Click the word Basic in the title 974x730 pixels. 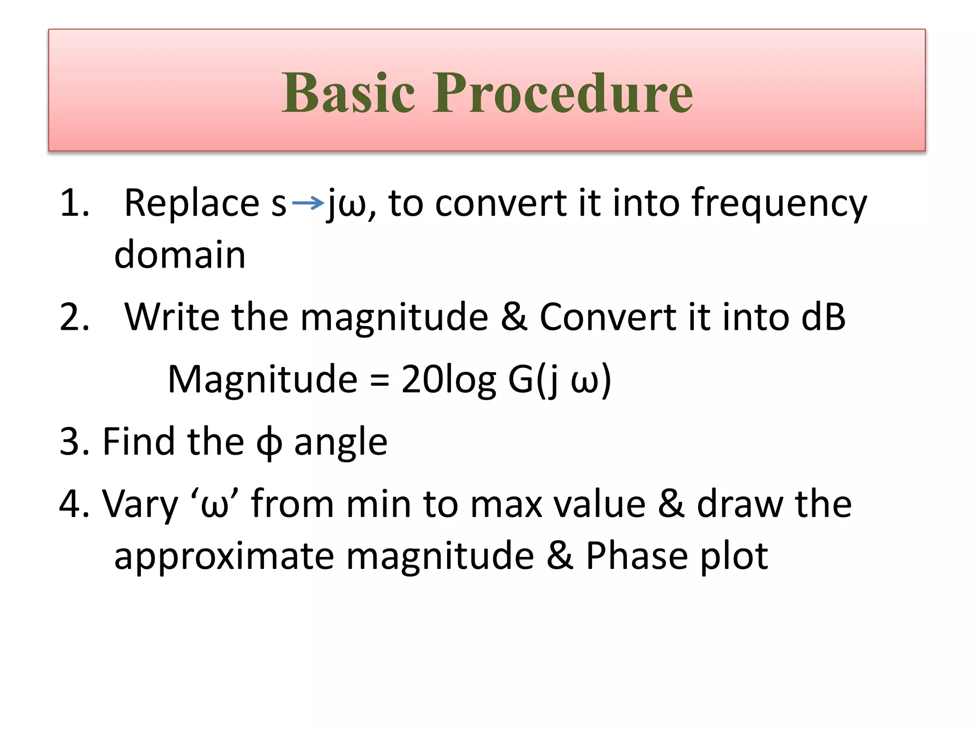(348, 93)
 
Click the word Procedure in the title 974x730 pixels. (562, 93)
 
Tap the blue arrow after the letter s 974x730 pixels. (308, 203)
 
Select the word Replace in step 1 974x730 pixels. (192, 203)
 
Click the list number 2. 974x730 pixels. (74, 317)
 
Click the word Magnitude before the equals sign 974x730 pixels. (263, 379)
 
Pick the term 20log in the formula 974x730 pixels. (448, 379)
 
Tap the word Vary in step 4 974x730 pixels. (140, 504)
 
